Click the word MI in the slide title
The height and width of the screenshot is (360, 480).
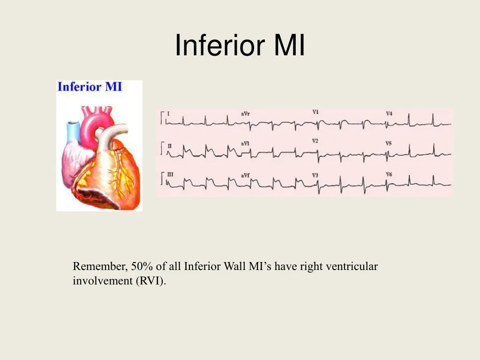(289, 46)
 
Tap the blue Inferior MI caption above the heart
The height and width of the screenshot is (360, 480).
(90, 87)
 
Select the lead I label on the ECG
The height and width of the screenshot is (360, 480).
(168, 113)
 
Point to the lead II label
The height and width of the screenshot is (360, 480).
(169, 146)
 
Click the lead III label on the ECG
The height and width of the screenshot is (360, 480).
(170, 174)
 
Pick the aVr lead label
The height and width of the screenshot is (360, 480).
(245, 114)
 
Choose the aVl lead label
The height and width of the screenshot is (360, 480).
(245, 143)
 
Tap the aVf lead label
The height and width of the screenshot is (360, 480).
(245, 175)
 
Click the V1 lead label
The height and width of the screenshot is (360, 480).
(315, 112)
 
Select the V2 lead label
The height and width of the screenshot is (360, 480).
(315, 141)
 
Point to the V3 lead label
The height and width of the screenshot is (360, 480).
(315, 175)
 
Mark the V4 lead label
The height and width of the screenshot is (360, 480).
(389, 114)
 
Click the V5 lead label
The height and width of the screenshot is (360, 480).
(389, 143)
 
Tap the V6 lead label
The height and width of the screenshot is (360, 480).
(389, 174)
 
